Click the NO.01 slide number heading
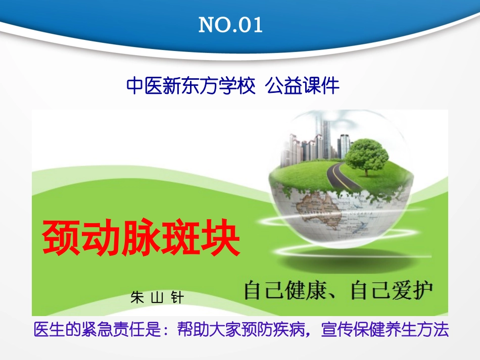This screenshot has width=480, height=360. [x=230, y=25]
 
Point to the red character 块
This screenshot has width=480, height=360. [x=221, y=238]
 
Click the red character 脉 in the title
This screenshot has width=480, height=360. [x=140, y=238]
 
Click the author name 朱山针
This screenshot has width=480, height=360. [x=157, y=297]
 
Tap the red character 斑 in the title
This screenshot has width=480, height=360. [x=180, y=238]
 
